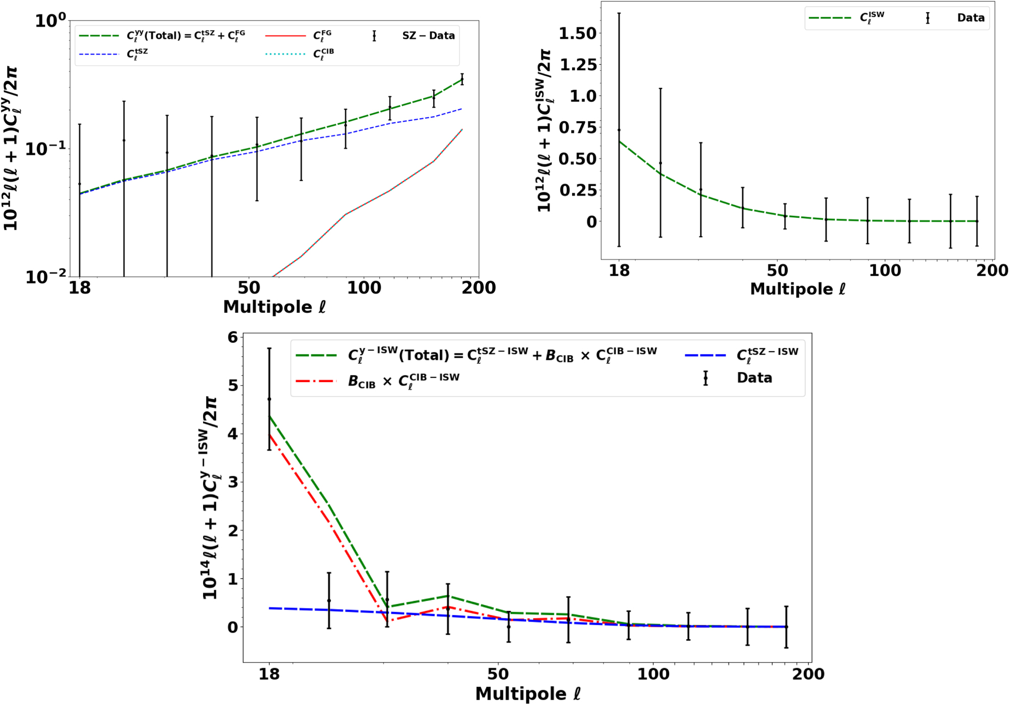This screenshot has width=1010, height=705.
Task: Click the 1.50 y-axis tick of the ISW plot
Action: pos(577,33)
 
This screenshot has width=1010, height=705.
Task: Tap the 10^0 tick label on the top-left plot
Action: pos(50,20)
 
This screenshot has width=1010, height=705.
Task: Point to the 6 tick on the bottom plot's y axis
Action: pos(232,337)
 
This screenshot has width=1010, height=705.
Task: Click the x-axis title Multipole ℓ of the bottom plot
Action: pos(528,693)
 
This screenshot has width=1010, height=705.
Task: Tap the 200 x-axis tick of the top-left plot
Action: pos(478,288)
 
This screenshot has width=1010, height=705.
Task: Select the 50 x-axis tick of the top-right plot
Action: pos(777,270)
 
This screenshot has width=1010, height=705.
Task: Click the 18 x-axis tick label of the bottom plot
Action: pos(269,674)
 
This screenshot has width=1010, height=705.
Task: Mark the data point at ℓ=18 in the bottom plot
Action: pos(269,399)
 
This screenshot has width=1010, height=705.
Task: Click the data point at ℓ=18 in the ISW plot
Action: pos(619,130)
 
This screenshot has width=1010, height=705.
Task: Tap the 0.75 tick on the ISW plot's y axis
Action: pos(577,127)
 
